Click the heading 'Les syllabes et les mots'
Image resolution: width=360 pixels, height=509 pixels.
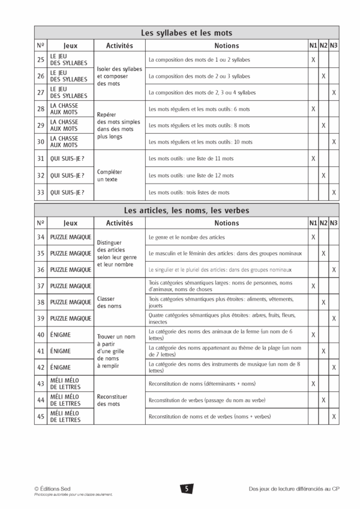tap(186, 33)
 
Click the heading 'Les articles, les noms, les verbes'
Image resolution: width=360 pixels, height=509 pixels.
tap(186, 211)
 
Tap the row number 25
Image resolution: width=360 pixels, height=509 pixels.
tap(41, 59)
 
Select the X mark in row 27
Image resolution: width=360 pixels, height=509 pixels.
tap(334, 92)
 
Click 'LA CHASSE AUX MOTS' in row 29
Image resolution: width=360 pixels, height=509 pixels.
tap(64, 125)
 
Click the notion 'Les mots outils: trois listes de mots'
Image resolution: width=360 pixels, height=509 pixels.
tap(189, 192)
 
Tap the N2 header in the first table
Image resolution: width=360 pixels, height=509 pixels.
tap(323, 46)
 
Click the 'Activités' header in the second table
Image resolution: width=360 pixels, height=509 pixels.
tap(119, 223)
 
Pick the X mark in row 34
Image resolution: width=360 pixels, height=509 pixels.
tap(313, 237)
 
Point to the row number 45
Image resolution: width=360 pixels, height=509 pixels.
tap(41, 416)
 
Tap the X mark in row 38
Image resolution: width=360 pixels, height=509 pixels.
tap(323, 302)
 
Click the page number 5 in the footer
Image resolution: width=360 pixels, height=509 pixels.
tap(186, 489)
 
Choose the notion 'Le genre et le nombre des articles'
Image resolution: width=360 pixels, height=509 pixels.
tap(187, 237)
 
